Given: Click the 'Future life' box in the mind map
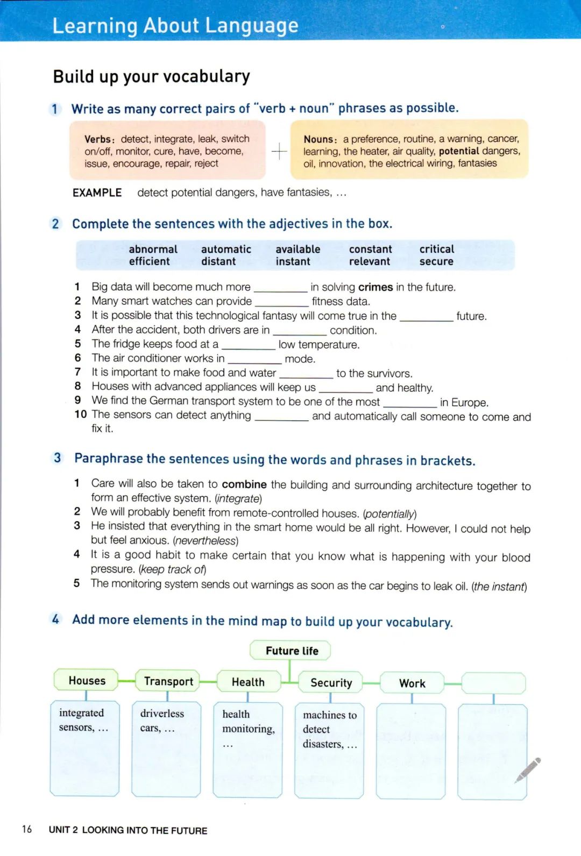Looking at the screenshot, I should click(290, 651).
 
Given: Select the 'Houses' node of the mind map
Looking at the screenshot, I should click(87, 681).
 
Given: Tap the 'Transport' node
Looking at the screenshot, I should click(168, 681).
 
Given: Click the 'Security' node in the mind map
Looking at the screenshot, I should click(331, 683).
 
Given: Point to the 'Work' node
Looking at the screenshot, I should click(412, 683).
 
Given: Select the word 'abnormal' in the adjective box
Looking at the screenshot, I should click(153, 249).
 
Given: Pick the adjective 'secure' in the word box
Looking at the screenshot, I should click(436, 261).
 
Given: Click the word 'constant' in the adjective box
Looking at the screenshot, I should click(370, 249).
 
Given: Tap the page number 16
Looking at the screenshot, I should click(27, 829).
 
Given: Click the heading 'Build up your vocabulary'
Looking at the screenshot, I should click(151, 76).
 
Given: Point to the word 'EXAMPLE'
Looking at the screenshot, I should click(97, 192).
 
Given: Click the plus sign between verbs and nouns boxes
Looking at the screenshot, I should click(279, 152).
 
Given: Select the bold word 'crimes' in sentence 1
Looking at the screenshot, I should click(375, 287).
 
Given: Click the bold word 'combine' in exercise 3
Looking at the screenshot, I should click(244, 484).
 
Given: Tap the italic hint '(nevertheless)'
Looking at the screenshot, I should click(206, 540).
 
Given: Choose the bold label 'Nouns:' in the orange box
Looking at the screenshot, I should click(320, 139).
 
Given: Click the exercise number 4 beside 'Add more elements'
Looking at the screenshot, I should click(55, 619).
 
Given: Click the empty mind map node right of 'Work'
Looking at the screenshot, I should click(493, 683).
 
